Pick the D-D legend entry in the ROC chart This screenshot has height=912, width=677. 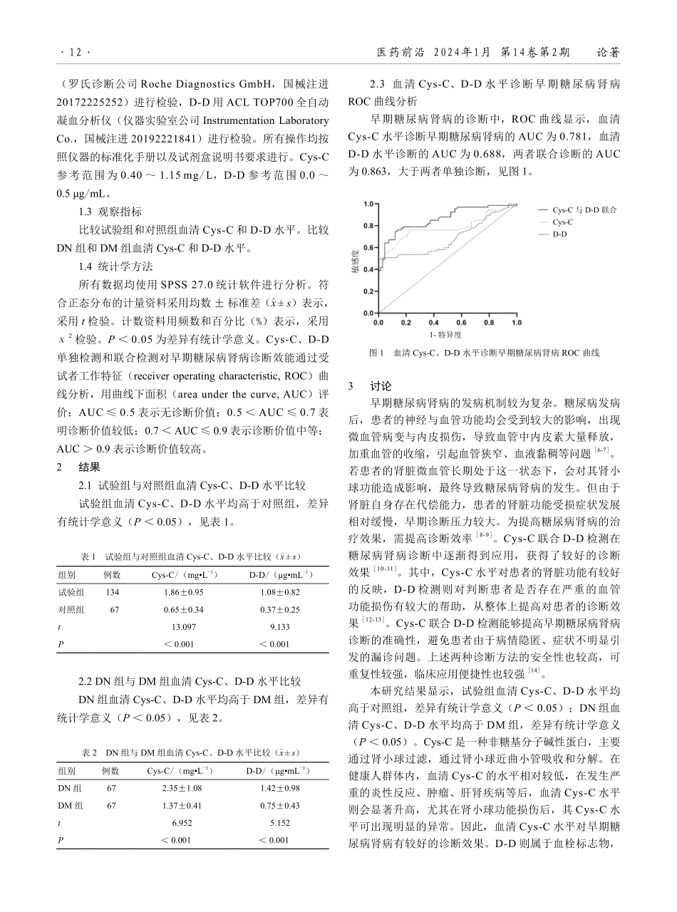point(560,234)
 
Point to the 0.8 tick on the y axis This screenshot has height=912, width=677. point(368,226)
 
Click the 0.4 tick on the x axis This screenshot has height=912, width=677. point(434,322)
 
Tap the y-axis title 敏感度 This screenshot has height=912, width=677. point(354,261)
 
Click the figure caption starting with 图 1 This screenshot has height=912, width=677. point(485,353)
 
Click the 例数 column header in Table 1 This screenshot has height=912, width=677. point(112,575)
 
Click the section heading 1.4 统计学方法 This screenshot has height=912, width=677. point(115,266)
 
